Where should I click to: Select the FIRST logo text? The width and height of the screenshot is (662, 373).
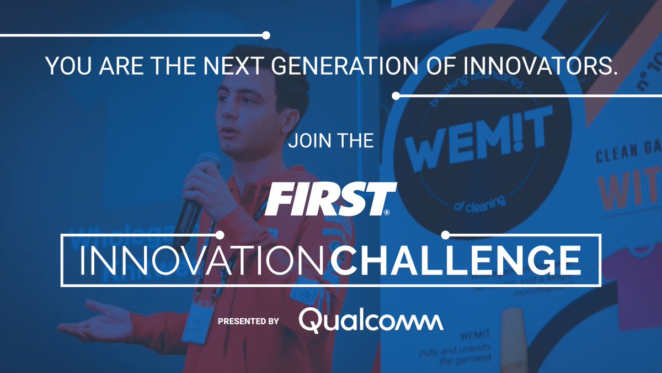(x=330, y=199)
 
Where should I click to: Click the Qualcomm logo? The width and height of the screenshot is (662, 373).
(x=371, y=321)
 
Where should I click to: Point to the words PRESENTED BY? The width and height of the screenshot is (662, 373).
(x=248, y=321)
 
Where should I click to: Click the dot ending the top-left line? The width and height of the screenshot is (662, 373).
(x=266, y=35)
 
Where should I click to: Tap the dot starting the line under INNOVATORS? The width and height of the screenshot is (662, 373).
(x=396, y=96)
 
